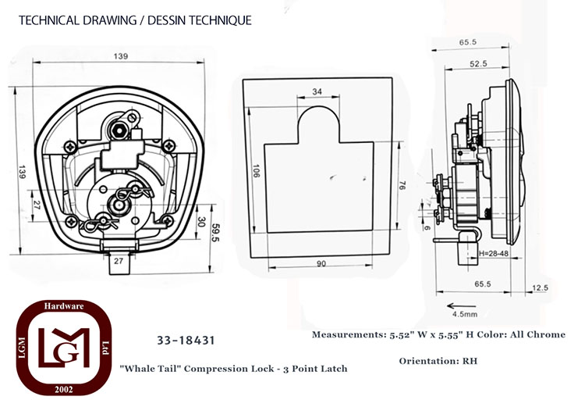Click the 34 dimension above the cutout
pos(317,91)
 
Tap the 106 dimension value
pos(257,171)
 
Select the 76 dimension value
pos(402,185)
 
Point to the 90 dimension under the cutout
pos(321,263)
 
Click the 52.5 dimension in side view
pos(478,63)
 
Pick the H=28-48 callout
pos(494,253)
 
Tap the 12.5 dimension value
pos(541,287)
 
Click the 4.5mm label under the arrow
pos(465,314)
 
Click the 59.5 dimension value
pos(215,233)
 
